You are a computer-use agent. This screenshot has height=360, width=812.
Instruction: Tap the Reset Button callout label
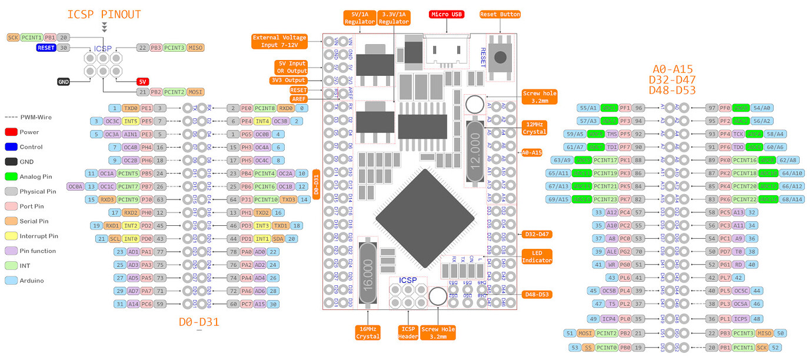coord(500,14)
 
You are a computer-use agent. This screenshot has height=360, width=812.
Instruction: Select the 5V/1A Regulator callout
coord(360,18)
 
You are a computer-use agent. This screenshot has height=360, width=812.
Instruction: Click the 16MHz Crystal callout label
coord(368,332)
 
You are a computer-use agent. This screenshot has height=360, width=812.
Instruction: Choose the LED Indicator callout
coord(537,256)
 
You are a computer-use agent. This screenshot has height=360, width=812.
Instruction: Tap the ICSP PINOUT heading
coord(104,15)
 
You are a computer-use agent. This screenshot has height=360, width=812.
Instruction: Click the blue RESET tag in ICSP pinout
coord(46,48)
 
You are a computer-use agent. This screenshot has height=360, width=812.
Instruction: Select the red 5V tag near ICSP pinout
coord(143,82)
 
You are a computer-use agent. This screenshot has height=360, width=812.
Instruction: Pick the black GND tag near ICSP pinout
coord(64,82)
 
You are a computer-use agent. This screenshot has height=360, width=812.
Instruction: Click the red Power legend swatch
coord(11,132)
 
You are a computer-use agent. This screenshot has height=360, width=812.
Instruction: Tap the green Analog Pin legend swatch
coord(11,176)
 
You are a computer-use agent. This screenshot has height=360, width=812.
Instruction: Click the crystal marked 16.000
coord(368,272)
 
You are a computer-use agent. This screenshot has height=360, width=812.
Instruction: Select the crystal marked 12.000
coord(475,152)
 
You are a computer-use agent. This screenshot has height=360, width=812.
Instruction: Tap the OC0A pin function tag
coord(75,186)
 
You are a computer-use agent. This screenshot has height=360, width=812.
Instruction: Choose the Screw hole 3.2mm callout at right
coord(539,97)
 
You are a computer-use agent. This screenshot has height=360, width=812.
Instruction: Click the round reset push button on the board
coord(501,57)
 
